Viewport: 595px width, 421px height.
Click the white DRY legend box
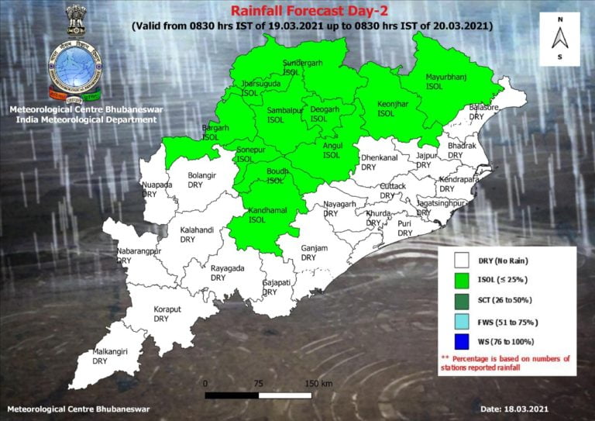463,261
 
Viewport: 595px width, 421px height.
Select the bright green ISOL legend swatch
463,281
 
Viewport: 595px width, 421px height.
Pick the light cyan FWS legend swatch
463,322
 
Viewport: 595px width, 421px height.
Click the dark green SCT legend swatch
463,302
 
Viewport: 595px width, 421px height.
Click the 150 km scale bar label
318,384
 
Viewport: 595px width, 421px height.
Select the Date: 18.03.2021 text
514,409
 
